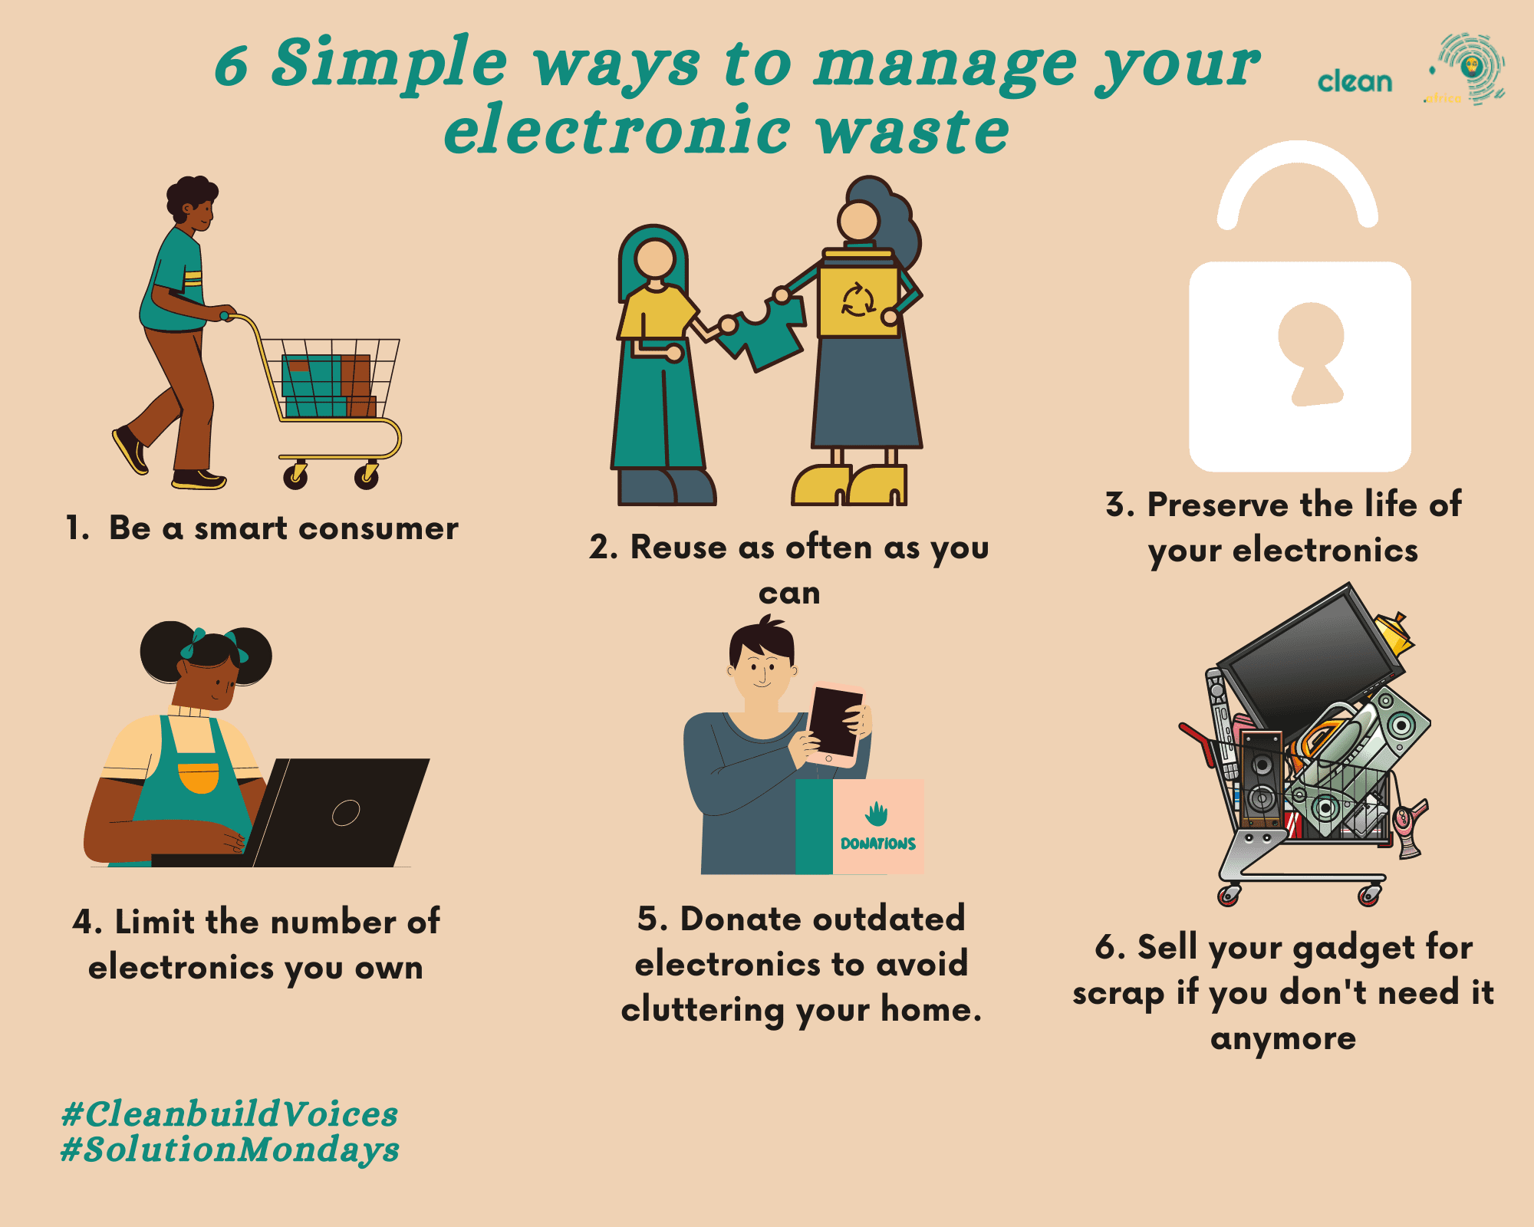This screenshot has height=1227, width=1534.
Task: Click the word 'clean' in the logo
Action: pos(1355,81)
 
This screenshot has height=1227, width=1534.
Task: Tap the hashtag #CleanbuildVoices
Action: pos(230,1114)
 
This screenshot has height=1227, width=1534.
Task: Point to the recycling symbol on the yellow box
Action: pos(858,300)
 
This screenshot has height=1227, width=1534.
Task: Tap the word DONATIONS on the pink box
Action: pos(878,844)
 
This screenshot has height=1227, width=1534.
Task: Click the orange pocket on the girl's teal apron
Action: pos(199,777)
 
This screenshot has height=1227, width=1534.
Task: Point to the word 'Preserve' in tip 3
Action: pos(1217,505)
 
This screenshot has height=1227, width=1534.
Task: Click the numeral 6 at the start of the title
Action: pos(232,66)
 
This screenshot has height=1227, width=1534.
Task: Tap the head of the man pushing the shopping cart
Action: pos(193,203)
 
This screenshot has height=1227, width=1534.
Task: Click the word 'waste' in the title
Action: pos(913,131)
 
